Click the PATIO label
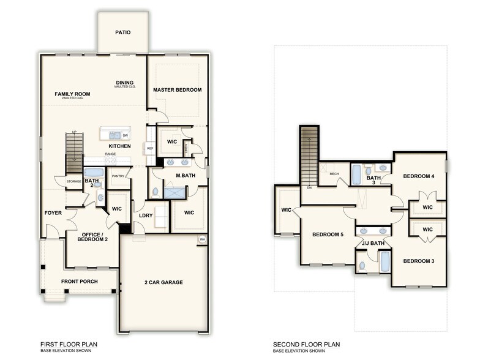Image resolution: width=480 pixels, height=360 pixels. pyautogui.click(x=122, y=32)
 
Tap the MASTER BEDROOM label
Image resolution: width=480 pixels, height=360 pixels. pyautogui.click(x=177, y=90)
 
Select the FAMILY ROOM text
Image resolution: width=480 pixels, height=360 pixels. pyautogui.click(x=72, y=94)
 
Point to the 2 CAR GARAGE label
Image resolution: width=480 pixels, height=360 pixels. pyautogui.click(x=163, y=282)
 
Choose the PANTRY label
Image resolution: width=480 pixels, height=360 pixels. pyautogui.click(x=118, y=177)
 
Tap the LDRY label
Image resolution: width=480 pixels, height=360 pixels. pyautogui.click(x=146, y=216)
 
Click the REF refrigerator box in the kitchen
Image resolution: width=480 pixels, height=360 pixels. pyautogui.click(x=150, y=148)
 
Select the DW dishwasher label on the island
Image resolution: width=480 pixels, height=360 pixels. pyautogui.click(x=126, y=135)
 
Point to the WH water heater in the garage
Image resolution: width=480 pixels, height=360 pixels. pyautogui.click(x=202, y=239)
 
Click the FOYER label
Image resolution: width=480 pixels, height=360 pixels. pyautogui.click(x=53, y=213)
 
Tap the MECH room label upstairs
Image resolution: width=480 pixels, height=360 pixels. pyautogui.click(x=334, y=174)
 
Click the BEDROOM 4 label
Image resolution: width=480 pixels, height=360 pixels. pyautogui.click(x=419, y=176)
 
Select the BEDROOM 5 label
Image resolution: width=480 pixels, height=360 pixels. pyautogui.click(x=328, y=234)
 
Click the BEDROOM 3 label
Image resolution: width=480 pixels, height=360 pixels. pyautogui.click(x=419, y=261)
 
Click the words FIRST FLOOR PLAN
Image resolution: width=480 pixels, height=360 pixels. pyautogui.click(x=69, y=345)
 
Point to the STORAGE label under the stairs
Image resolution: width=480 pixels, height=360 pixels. pyautogui.click(x=74, y=181)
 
